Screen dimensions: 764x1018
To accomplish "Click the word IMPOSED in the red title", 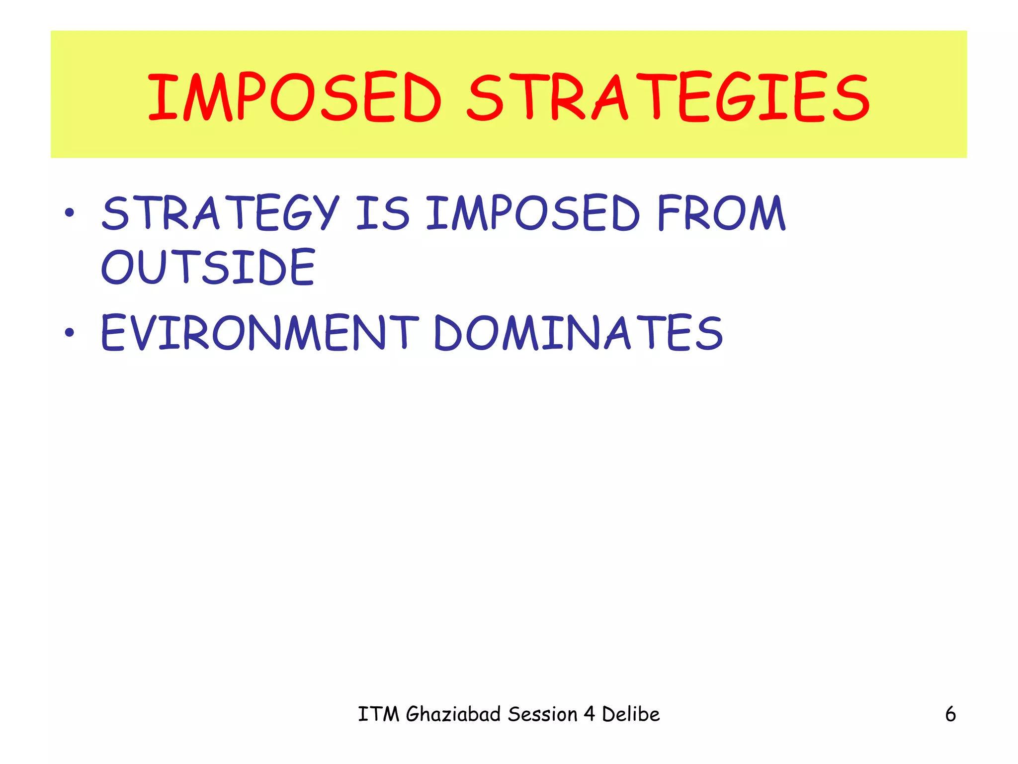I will click(x=294, y=97).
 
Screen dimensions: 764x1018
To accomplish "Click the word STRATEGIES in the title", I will click(x=669, y=97).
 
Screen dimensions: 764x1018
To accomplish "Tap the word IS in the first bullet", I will click(x=383, y=213).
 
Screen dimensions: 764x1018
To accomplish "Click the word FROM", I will click(x=721, y=213).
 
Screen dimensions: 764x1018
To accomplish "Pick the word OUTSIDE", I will click(x=208, y=267).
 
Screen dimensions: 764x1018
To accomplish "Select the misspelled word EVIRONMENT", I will click(x=259, y=332).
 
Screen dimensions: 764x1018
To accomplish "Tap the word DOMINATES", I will click(x=578, y=332).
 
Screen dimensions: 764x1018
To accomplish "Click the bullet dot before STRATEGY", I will click(x=69, y=213).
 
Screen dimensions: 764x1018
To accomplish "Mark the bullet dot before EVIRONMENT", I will click(x=69, y=332).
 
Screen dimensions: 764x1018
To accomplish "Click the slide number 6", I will click(x=950, y=714).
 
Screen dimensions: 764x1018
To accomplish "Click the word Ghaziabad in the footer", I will click(x=453, y=714).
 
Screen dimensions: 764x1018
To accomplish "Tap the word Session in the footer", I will click(x=542, y=714).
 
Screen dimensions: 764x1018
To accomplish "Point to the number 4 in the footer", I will click(x=589, y=714).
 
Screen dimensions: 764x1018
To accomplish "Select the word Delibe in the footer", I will click(x=630, y=714).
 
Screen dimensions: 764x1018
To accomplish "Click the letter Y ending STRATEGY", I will click(x=327, y=213).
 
